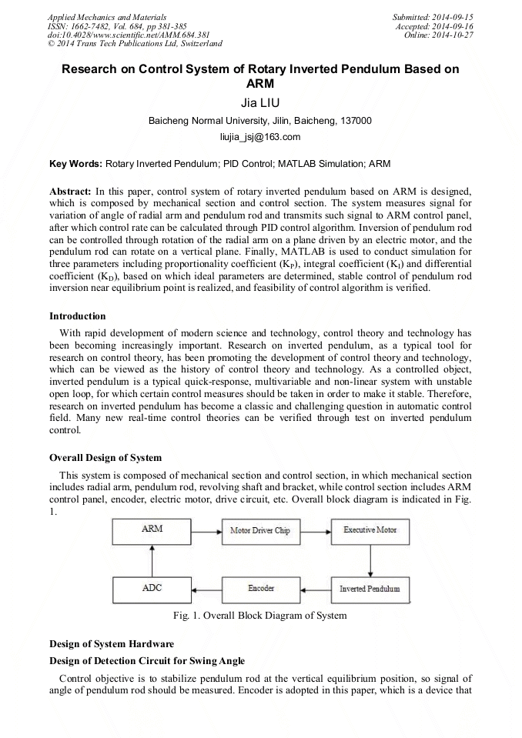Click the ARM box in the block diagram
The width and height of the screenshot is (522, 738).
(152, 531)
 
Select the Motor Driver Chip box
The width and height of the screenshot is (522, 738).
(260, 531)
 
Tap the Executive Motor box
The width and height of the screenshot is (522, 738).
(370, 531)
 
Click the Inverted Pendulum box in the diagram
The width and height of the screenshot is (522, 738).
(370, 589)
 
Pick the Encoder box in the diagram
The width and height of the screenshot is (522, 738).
(260, 589)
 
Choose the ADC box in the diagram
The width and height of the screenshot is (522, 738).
(152, 589)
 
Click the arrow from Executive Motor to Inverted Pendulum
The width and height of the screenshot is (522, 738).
(370, 559)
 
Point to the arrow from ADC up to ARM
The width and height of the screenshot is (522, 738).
(152, 559)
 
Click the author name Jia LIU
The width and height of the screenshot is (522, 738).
(260, 102)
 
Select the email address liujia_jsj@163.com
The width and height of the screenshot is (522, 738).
(260, 137)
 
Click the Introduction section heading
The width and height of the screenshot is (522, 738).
(78, 316)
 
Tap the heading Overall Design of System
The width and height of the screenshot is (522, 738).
(105, 457)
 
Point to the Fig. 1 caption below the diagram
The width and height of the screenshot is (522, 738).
(260, 615)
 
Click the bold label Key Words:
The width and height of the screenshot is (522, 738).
(75, 164)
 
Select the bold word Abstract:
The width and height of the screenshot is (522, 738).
(71, 190)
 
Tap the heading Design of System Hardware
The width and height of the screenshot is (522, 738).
(112, 643)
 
